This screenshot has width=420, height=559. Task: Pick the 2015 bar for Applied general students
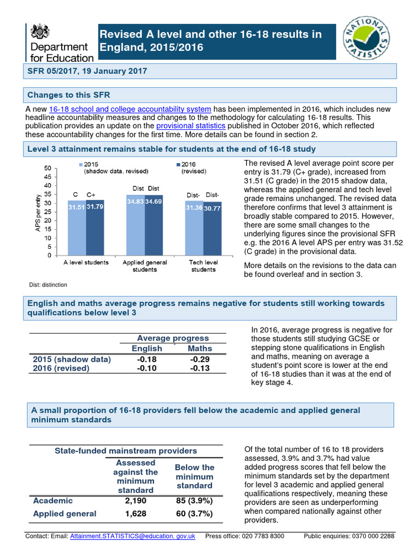[136, 225]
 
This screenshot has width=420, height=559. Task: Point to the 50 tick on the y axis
[48, 168]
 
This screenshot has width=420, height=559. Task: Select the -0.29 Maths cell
[200, 359]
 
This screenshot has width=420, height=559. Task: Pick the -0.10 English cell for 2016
[147, 369]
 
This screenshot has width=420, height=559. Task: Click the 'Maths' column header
[200, 348]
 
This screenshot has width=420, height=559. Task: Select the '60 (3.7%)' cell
[194, 514]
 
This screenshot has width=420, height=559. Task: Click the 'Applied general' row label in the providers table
[65, 514]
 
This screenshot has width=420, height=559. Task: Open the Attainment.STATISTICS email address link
[133, 537]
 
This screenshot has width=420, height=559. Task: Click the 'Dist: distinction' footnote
[48, 284]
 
